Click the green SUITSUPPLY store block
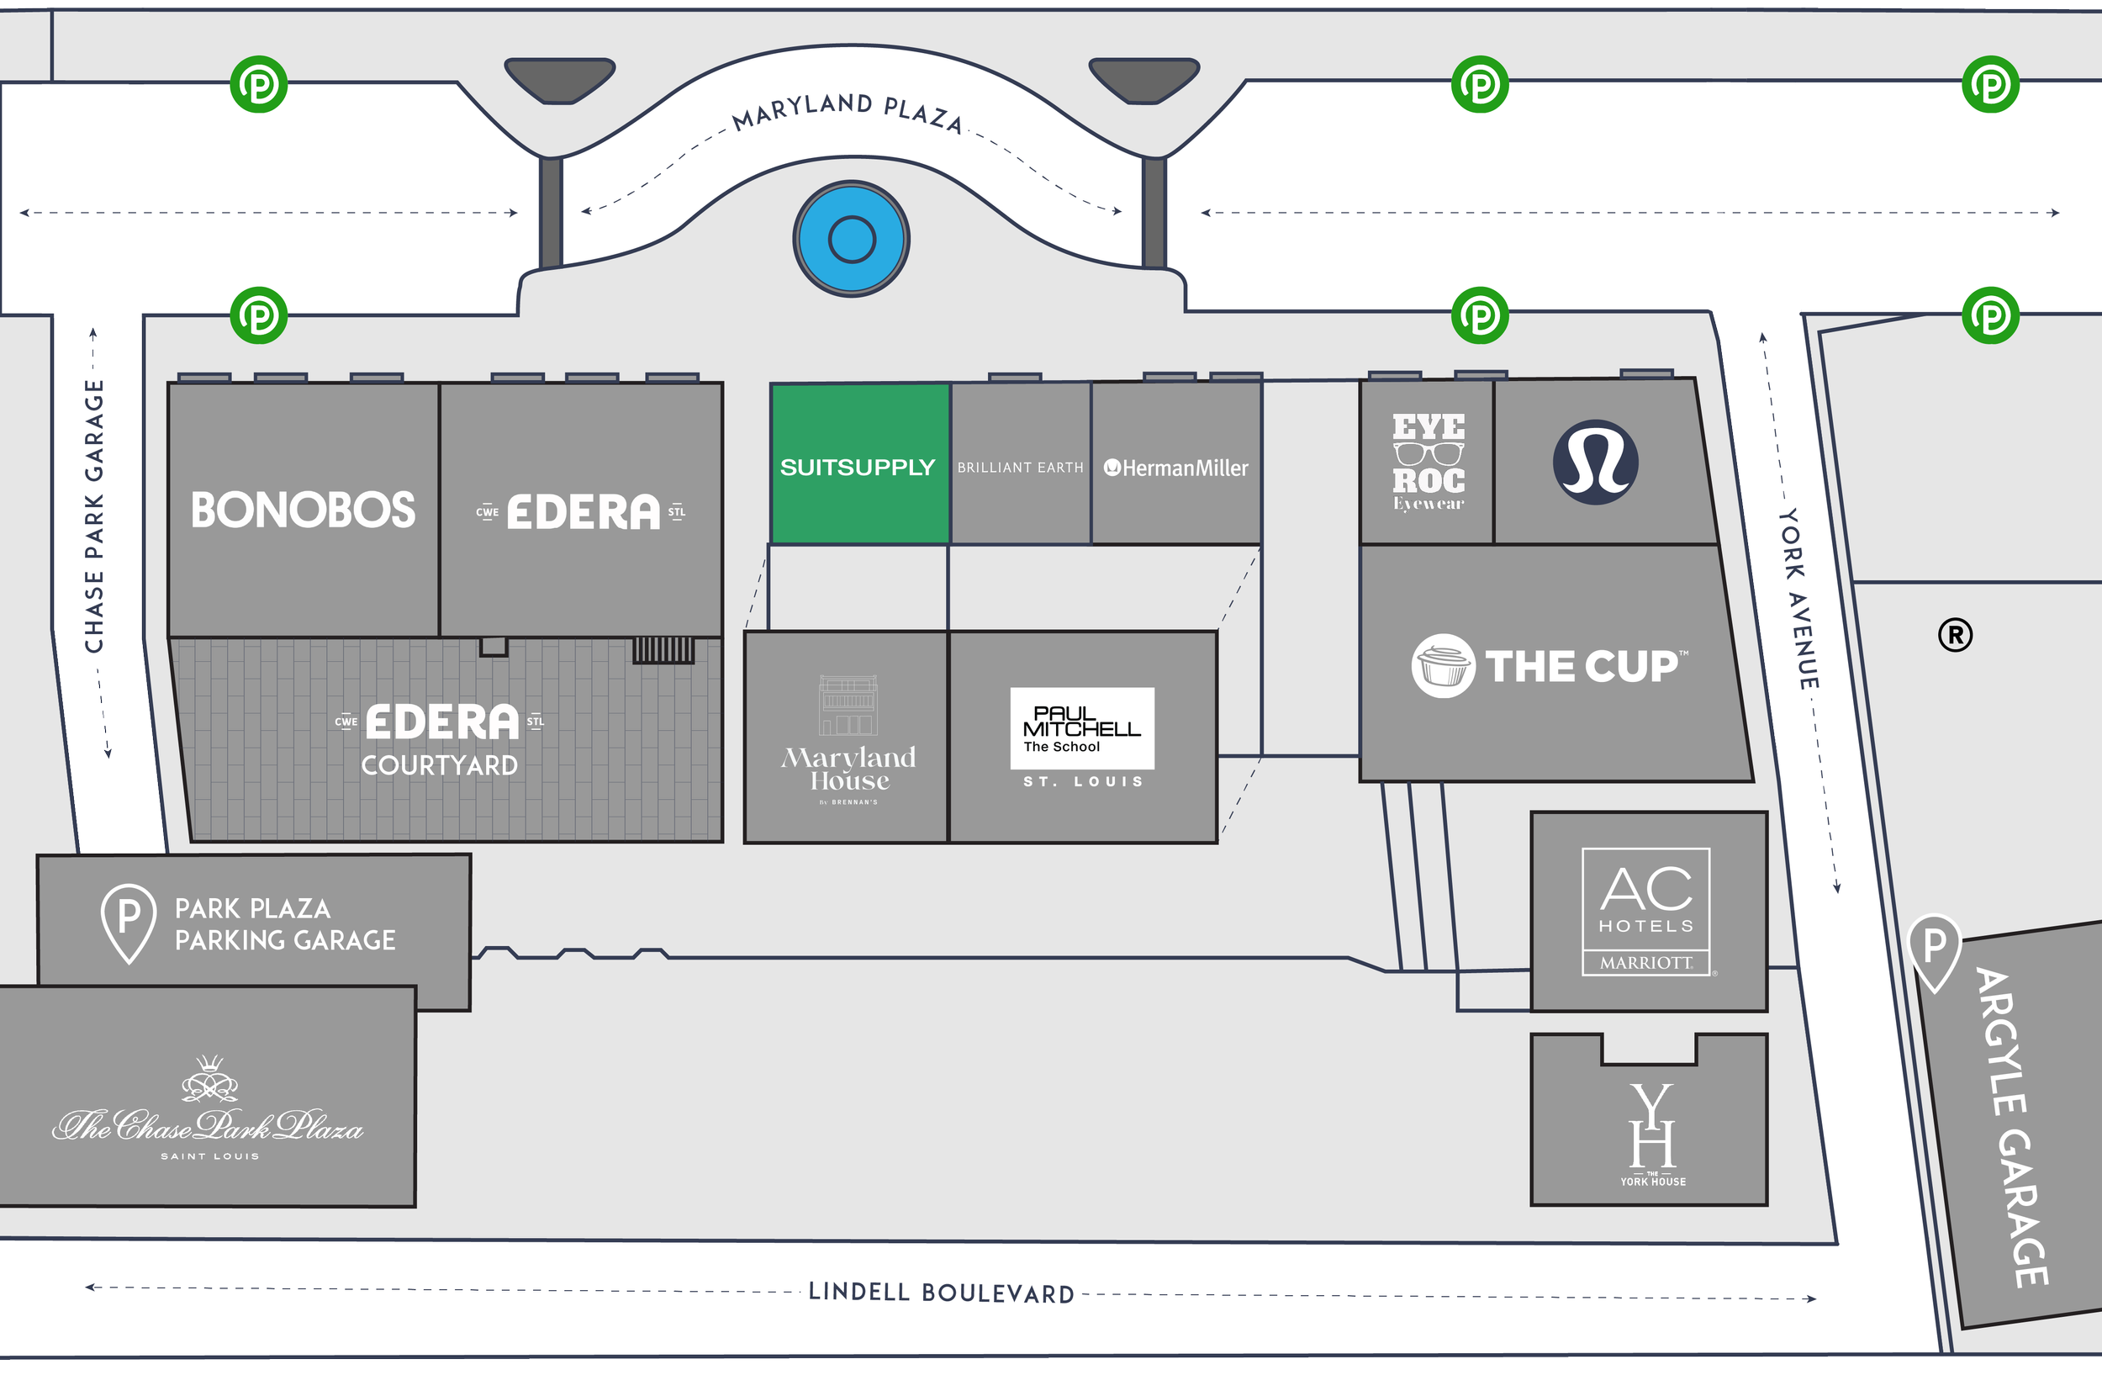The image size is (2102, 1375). coord(858,464)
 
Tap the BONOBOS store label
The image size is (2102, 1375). coord(303,510)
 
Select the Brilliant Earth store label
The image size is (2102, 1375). coord(1020,468)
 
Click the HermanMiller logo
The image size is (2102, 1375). coord(1175,468)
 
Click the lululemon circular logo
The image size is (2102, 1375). coord(1595,462)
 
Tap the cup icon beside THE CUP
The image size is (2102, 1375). coord(1442,666)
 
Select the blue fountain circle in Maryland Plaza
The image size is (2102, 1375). coord(852,239)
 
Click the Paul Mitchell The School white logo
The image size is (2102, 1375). coord(1082,728)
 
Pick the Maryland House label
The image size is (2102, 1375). coord(848,769)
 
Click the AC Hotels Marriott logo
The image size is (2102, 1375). coord(1646,912)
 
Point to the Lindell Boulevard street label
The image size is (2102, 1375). coord(942,1293)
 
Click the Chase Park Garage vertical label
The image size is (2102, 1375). coord(94,516)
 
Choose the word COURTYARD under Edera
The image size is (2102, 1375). coord(439,764)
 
